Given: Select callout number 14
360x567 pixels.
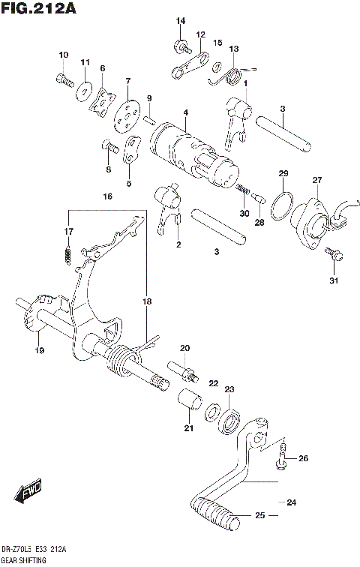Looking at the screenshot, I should pos(180,20).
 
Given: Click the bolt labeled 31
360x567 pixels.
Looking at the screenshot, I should pos(334,257).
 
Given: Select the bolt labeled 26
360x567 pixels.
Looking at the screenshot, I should pos(283,455).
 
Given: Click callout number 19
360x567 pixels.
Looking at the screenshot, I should pos(37,349).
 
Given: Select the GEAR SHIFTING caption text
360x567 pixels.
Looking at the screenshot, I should pos(24,560).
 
